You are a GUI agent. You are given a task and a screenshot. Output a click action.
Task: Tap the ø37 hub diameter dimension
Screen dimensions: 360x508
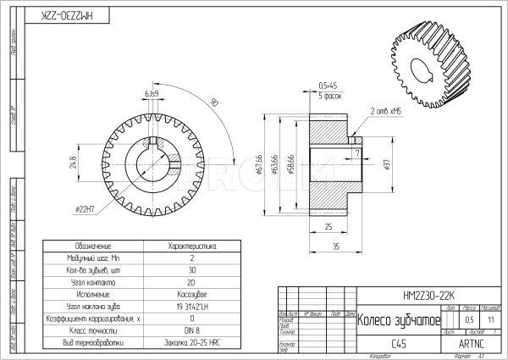coord(386,163)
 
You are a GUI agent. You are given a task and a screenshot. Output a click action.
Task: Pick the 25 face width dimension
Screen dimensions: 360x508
coord(327,226)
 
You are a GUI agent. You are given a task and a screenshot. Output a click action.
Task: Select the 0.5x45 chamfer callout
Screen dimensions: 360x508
coord(328,86)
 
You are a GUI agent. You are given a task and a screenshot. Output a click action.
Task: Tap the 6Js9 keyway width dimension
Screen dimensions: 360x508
coord(152,92)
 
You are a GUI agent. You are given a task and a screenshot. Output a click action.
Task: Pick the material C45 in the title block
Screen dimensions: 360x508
coord(399,344)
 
